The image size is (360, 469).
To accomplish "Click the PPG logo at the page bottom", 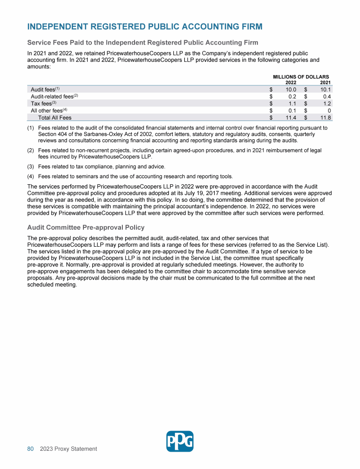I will [x=180, y=441].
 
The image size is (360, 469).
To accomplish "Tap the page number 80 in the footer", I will [x=30, y=449].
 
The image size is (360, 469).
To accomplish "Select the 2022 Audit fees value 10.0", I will [x=291, y=89].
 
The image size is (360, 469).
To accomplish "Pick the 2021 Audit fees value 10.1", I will [x=326, y=89].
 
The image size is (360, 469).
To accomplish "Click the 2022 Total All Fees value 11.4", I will [x=291, y=118].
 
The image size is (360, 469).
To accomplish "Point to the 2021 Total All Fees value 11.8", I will [x=326, y=118].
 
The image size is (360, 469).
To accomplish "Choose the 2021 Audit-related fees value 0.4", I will [x=327, y=96].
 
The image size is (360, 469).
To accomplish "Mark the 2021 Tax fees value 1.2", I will [x=327, y=103].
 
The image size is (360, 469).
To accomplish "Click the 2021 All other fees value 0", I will [x=330, y=111].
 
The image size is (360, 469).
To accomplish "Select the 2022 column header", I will [x=291, y=83].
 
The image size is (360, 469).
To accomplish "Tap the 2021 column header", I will [x=325, y=83].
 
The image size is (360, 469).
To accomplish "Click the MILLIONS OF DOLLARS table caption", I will [x=301, y=77].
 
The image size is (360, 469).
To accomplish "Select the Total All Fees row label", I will [x=55, y=118].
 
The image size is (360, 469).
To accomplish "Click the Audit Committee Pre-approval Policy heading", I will [x=86, y=227].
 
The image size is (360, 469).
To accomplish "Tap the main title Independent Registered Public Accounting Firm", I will [x=145, y=26].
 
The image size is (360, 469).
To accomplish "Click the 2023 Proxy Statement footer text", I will [x=68, y=449].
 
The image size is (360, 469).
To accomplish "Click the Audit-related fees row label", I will [x=52, y=96].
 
